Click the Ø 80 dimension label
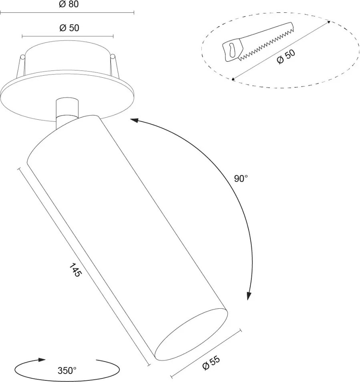(69, 4)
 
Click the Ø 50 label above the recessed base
(69, 28)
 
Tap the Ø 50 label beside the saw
(286, 57)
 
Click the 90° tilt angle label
(241, 179)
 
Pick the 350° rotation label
(67, 370)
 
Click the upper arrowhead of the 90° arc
(134, 120)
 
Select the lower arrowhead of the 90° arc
(249, 296)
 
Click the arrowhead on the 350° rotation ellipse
(42, 360)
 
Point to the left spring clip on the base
(21, 66)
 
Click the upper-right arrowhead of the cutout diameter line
(329, 22)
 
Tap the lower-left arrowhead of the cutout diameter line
(233, 79)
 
